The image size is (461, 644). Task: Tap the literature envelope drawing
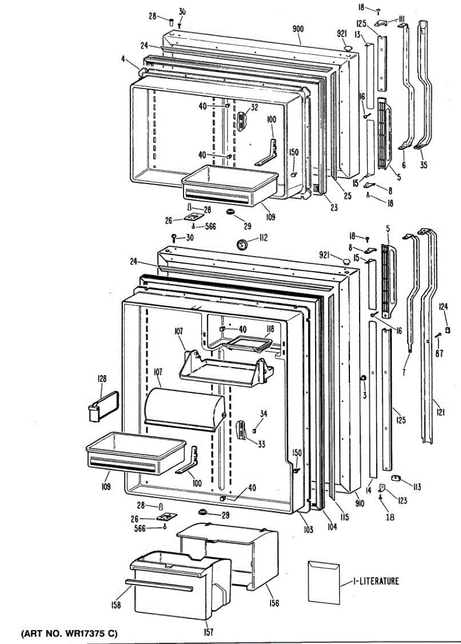click(324, 581)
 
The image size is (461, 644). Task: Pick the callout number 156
click(274, 603)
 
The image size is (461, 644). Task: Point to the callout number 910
click(360, 503)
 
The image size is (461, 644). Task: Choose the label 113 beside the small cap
click(416, 487)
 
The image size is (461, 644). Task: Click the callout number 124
click(443, 307)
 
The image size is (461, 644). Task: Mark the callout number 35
click(425, 165)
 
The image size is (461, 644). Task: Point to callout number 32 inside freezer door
click(254, 107)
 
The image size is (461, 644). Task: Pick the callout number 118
click(270, 328)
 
